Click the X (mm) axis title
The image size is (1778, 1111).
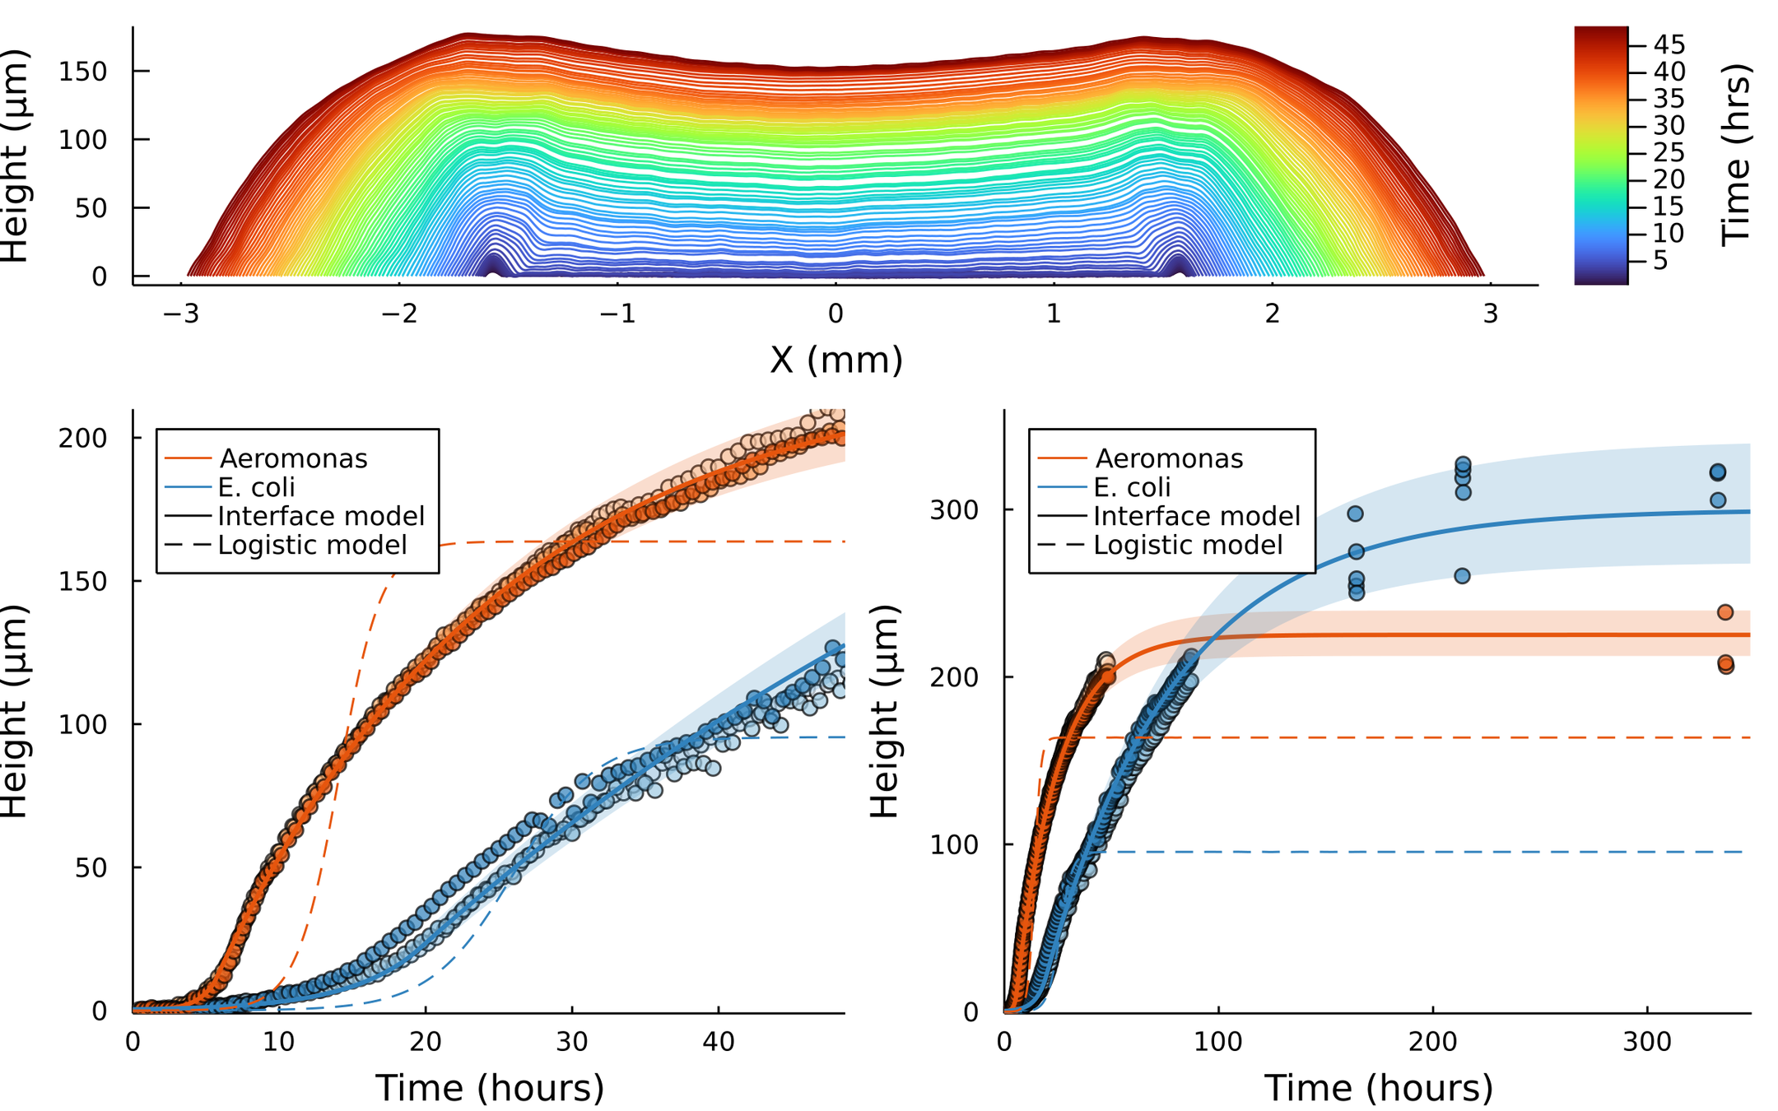(835, 360)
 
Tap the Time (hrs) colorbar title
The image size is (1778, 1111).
(1736, 156)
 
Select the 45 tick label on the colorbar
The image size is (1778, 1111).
(1670, 44)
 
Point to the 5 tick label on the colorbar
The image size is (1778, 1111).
(1660, 261)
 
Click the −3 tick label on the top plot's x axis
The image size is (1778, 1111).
(181, 314)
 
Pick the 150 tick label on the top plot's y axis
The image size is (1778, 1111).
(83, 72)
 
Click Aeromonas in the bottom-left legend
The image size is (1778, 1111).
(293, 458)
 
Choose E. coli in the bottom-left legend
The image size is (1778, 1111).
(256, 487)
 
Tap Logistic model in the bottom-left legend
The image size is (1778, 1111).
(312, 545)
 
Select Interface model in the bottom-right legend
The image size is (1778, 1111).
(1197, 516)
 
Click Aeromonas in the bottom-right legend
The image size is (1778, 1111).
(1169, 458)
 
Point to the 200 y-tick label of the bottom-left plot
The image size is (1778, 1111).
(83, 438)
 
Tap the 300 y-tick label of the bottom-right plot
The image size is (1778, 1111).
(955, 510)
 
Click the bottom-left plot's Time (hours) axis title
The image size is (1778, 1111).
(490, 1088)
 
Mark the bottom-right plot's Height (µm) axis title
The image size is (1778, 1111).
(885, 711)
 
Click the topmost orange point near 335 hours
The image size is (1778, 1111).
(1725, 612)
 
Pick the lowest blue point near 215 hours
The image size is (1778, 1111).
(1462, 576)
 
